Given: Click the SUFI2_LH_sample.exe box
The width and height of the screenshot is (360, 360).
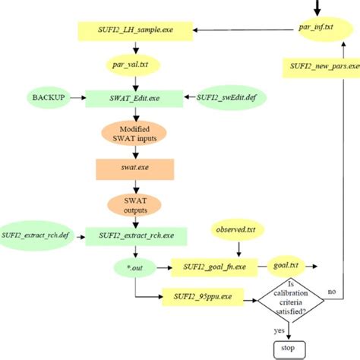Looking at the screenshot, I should tap(134, 30).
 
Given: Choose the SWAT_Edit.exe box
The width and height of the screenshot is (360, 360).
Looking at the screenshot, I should tap(134, 99).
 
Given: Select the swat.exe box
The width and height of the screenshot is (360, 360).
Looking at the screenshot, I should tap(134, 168).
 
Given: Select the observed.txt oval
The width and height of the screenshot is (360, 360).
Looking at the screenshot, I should tap(238, 228).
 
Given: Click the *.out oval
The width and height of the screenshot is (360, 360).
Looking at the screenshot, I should tap(134, 267).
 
